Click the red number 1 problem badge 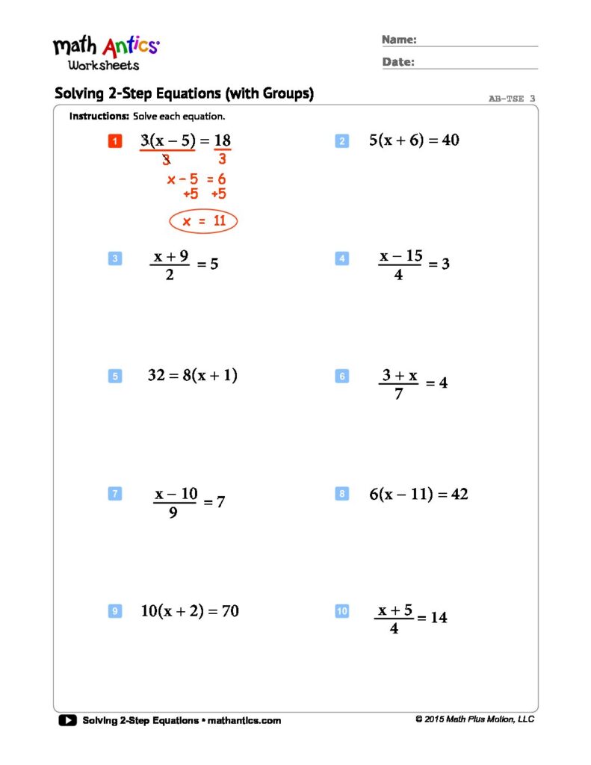pyautogui.click(x=114, y=141)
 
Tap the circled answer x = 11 pyautogui.click(x=203, y=221)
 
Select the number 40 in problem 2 pyautogui.click(x=451, y=140)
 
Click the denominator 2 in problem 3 pyautogui.click(x=170, y=275)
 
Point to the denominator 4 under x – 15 pyautogui.click(x=398, y=275)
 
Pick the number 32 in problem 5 pyautogui.click(x=156, y=376)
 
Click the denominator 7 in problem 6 pyautogui.click(x=398, y=394)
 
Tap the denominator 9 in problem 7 pyautogui.click(x=173, y=512)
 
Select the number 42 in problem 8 pyautogui.click(x=459, y=494)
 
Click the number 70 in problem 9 pyautogui.click(x=230, y=611)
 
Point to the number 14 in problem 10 pyautogui.click(x=439, y=618)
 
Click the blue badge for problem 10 pyautogui.click(x=342, y=611)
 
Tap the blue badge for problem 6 pyautogui.click(x=342, y=377)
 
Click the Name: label pyautogui.click(x=399, y=40)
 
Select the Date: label pyautogui.click(x=398, y=62)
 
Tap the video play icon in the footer pyautogui.click(x=67, y=720)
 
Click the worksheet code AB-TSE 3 pyautogui.click(x=512, y=98)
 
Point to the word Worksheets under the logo pyautogui.click(x=104, y=66)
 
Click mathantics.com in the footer pyautogui.click(x=244, y=720)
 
